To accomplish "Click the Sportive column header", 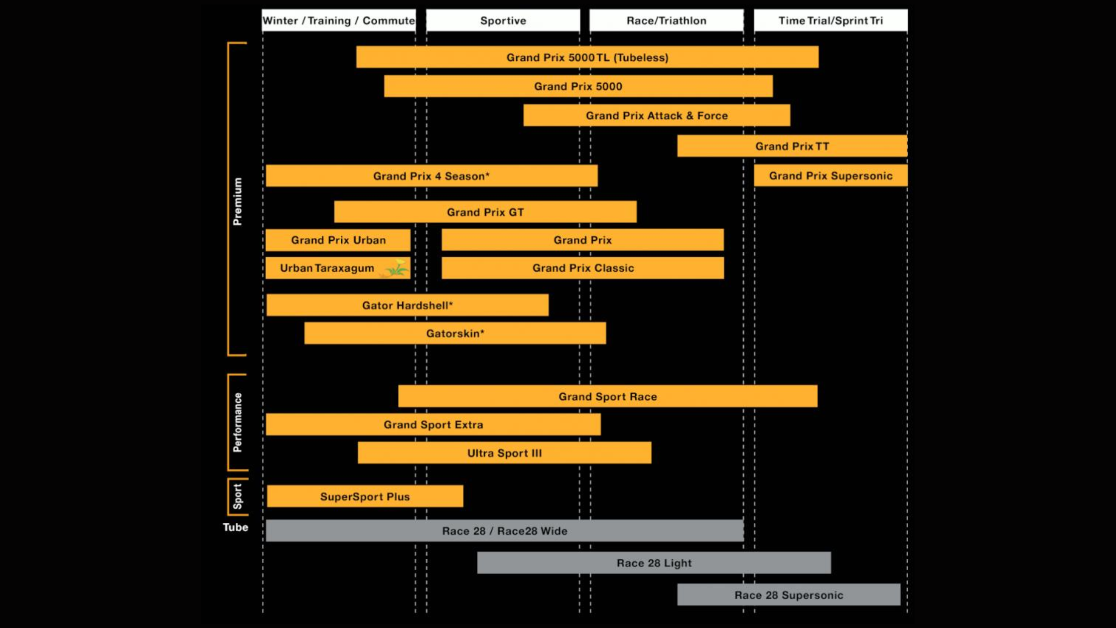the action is [503, 20].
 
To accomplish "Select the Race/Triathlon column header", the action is [667, 20].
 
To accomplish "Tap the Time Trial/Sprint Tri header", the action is [831, 20].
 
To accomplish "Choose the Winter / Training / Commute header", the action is [339, 20].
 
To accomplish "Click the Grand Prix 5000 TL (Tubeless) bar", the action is [587, 57].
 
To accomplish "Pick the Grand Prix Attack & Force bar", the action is [657, 116].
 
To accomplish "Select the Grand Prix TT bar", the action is [792, 146].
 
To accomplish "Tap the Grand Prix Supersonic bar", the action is [831, 175].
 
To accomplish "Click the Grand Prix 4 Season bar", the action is [431, 176].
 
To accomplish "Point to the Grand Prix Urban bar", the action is [338, 240].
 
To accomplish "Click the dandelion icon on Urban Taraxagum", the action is [397, 268].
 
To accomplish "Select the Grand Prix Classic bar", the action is [583, 268].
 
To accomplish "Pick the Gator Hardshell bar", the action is [408, 305].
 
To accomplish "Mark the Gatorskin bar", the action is [455, 333].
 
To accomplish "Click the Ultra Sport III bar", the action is [504, 453].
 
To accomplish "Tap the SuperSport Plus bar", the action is [365, 496].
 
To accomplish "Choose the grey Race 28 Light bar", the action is [654, 563].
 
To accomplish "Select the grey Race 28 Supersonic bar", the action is [789, 595].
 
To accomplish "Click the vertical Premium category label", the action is [238, 201].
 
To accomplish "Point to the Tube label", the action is [235, 527].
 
